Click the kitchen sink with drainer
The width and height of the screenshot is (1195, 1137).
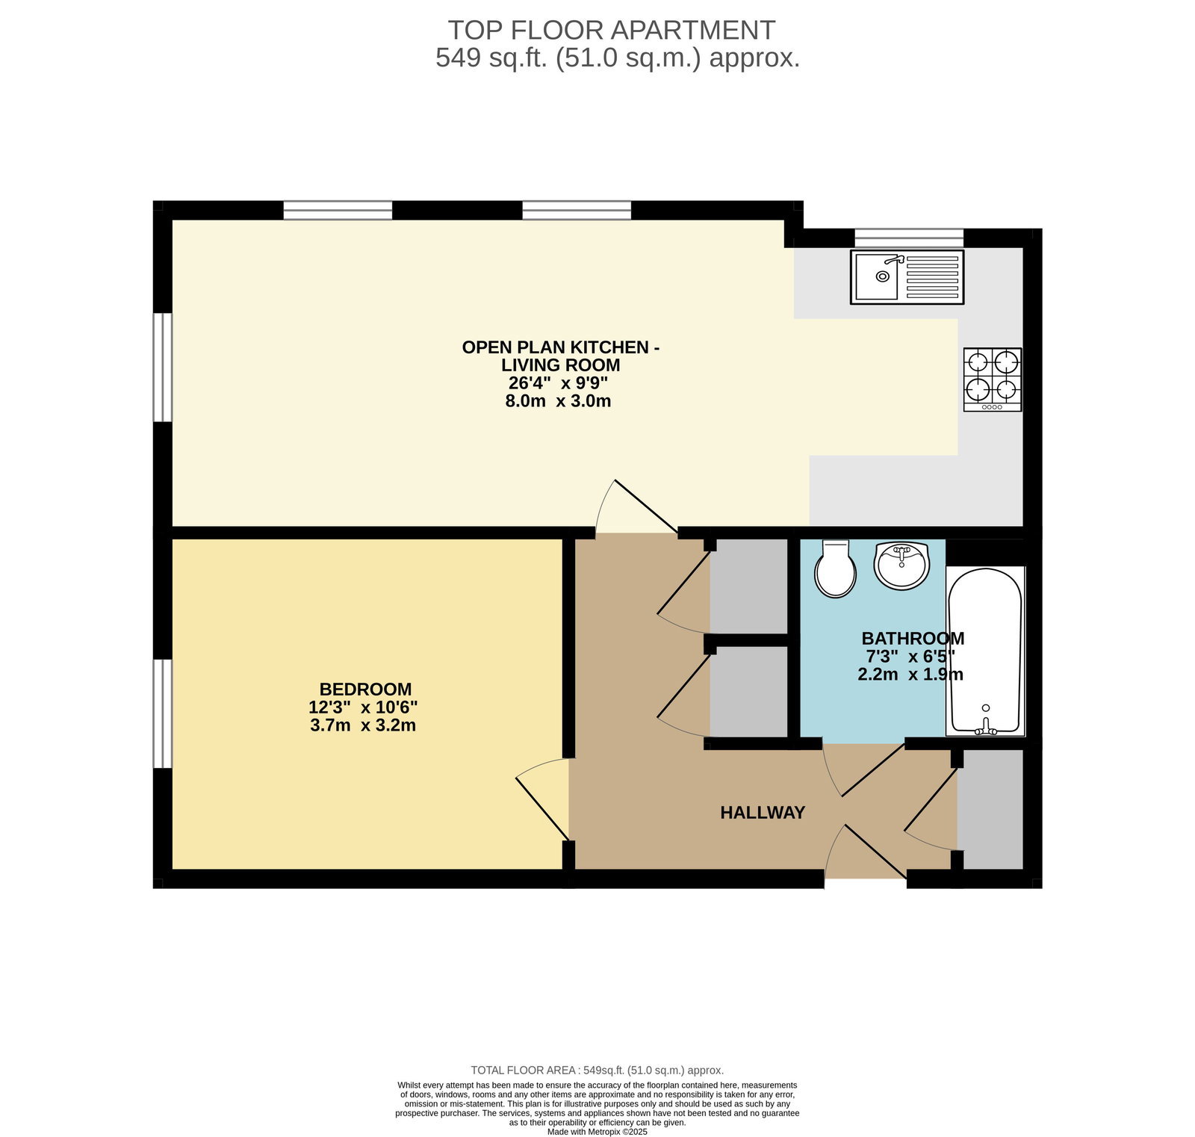907,276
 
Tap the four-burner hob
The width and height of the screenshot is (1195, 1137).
993,379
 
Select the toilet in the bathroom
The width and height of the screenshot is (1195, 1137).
835,568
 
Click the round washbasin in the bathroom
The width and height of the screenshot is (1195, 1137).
902,566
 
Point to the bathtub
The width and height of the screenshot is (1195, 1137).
985,651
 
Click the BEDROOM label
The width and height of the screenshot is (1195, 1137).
365,689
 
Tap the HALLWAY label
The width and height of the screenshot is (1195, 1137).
763,812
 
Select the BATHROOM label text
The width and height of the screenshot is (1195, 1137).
913,639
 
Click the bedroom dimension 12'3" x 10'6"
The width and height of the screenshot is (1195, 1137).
363,707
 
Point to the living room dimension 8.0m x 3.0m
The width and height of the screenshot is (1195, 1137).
558,401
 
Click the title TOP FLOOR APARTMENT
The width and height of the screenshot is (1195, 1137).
612,30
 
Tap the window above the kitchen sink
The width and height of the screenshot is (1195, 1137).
909,238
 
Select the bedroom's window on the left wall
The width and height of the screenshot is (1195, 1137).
163,713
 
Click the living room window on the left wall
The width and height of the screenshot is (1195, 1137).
163,367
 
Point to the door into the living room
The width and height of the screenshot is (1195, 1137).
636,506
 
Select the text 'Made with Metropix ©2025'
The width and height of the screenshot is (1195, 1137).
597,1132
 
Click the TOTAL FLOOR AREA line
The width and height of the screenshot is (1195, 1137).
597,1070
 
